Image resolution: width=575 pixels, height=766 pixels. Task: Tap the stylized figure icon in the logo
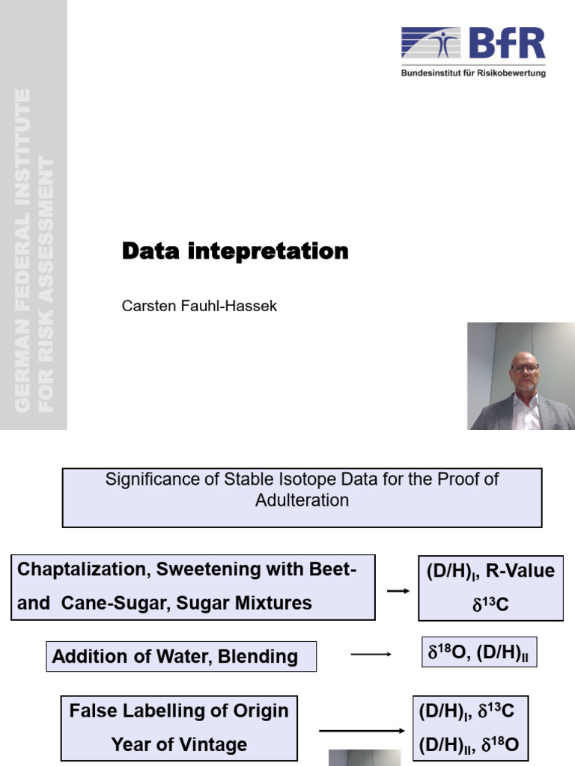[446, 43]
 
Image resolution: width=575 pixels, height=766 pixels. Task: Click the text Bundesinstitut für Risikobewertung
[473, 73]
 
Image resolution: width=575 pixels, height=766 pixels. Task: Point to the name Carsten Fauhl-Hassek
[199, 306]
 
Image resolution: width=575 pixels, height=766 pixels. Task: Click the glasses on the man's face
[525, 368]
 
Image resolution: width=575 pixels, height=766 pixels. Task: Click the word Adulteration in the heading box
[302, 500]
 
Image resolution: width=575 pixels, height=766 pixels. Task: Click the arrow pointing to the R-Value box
[398, 591]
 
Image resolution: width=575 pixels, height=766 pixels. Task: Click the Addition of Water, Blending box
[181, 657]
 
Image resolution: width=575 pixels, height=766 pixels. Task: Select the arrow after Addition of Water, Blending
[371, 655]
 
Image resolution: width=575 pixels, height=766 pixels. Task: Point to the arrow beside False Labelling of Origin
[362, 731]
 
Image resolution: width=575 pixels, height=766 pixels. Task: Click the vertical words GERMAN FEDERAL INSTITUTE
[22, 251]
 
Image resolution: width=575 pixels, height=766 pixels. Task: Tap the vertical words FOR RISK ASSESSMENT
[46, 284]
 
